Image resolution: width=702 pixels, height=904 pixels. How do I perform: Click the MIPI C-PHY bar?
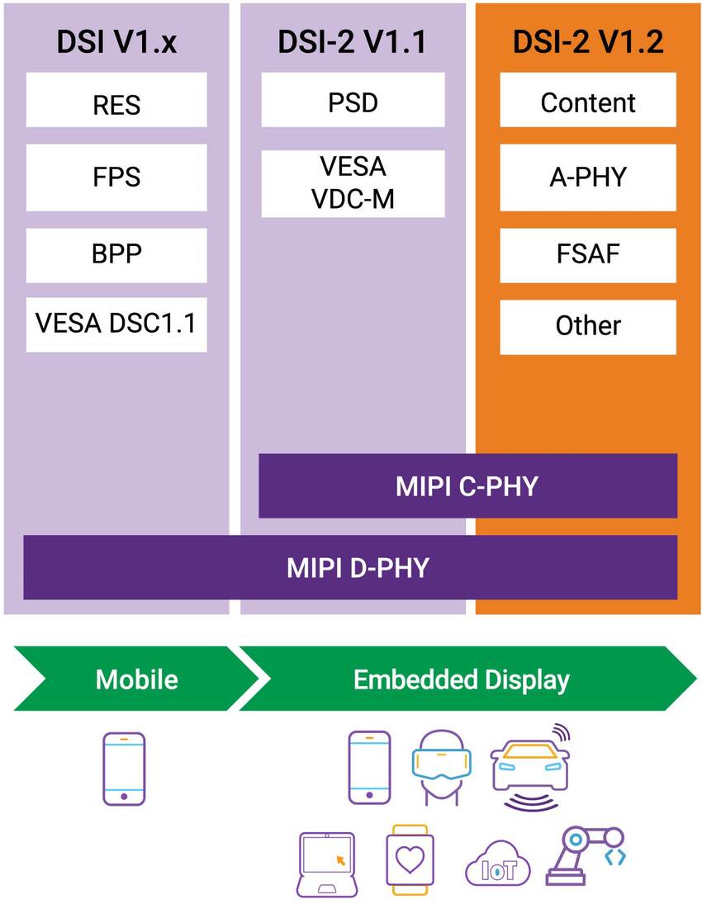(x=467, y=485)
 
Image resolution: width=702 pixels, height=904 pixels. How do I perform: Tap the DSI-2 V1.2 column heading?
(x=588, y=42)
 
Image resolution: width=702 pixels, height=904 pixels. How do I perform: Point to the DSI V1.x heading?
(x=116, y=42)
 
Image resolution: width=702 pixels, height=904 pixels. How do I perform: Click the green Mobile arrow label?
(x=137, y=679)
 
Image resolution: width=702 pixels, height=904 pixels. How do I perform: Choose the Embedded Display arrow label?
(x=462, y=679)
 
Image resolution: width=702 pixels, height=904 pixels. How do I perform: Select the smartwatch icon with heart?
(x=408, y=860)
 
